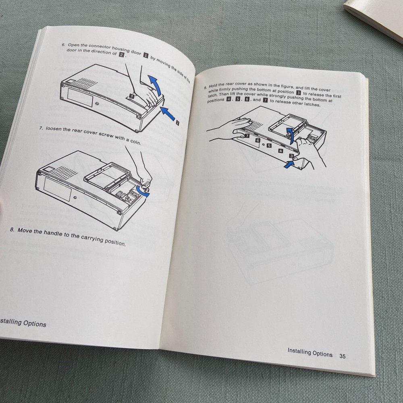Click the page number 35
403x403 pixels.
343,356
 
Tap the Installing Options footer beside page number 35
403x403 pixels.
310,353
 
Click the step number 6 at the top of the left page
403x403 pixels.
63,45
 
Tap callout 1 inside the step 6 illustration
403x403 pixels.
132,96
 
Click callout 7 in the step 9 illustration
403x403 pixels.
247,136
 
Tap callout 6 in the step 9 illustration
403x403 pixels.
258,140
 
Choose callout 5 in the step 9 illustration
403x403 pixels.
269,145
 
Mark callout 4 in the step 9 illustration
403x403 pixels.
280,151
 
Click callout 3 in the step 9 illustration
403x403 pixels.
291,156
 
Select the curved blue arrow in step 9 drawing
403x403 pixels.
289,134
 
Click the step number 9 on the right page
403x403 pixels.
205,87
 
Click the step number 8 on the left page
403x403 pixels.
12,230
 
